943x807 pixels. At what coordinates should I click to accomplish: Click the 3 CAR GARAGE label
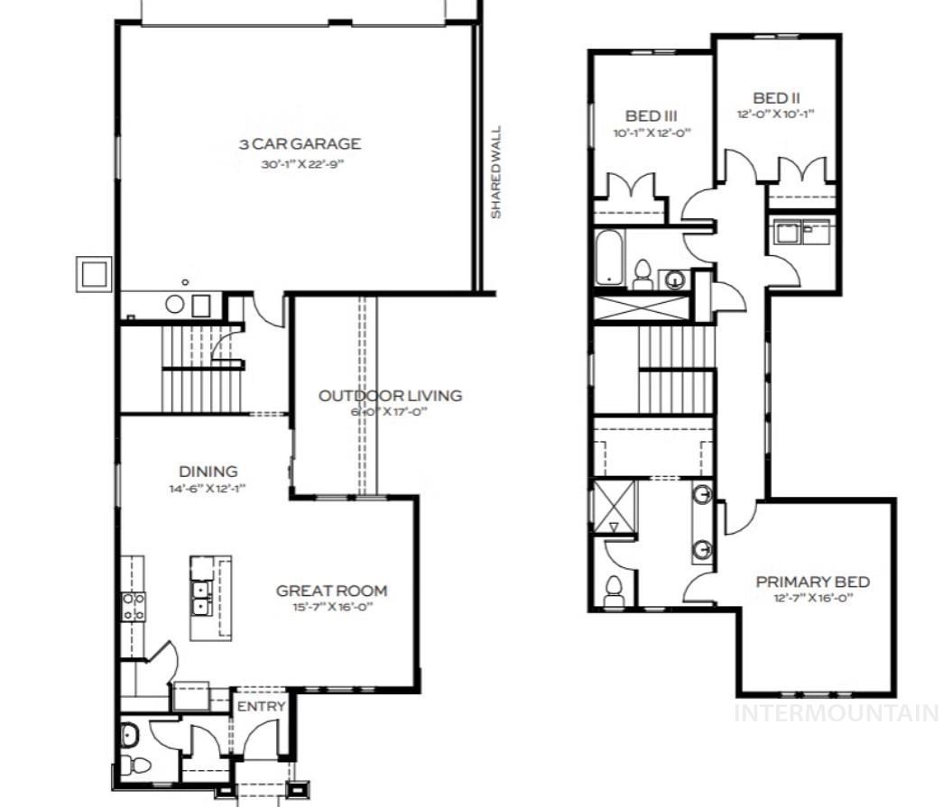point(300,143)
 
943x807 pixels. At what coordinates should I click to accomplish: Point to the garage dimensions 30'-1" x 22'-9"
point(300,164)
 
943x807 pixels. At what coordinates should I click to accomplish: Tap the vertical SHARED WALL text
point(495,172)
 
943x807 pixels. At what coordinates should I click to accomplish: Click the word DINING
point(208,471)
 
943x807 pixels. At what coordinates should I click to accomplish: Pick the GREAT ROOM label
point(331,591)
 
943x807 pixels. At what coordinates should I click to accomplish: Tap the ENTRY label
point(261,706)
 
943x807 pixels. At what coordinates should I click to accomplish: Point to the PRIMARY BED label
point(812,582)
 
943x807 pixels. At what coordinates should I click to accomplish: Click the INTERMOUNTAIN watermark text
point(836,713)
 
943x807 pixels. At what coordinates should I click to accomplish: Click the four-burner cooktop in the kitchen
point(134,606)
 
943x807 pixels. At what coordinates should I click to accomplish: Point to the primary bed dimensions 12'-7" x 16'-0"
point(812,599)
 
